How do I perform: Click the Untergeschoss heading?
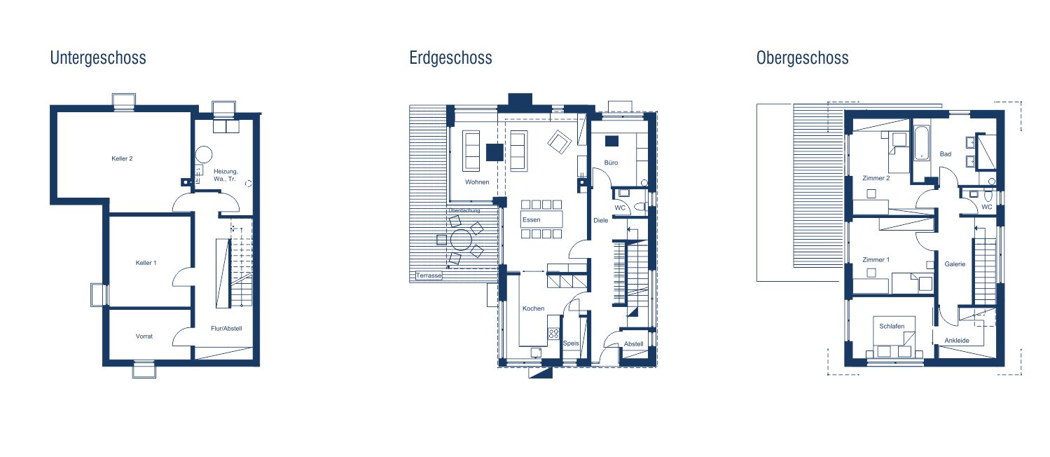[98, 58]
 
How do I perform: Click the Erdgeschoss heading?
[450, 58]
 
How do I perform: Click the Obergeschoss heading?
[802, 58]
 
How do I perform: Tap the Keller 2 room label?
[122, 158]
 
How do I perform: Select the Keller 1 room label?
[146, 263]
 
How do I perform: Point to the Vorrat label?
[144, 336]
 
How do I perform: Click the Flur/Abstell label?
[226, 329]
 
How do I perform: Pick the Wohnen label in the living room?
[477, 182]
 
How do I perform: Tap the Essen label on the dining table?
[532, 219]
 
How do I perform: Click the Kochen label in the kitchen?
[534, 308]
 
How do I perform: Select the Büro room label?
[611, 163]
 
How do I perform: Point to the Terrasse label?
[429, 275]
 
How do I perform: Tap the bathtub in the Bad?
[921, 143]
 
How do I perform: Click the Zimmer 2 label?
[876, 178]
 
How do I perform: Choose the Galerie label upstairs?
[955, 264]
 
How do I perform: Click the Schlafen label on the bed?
[892, 326]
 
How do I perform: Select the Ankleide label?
[957, 341]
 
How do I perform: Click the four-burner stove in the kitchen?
[553, 334]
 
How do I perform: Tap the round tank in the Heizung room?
[204, 154]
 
